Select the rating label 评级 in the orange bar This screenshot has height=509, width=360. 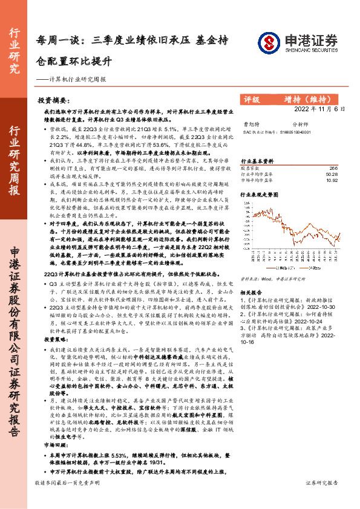(252, 99)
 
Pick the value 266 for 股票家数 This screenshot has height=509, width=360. (333, 168)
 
